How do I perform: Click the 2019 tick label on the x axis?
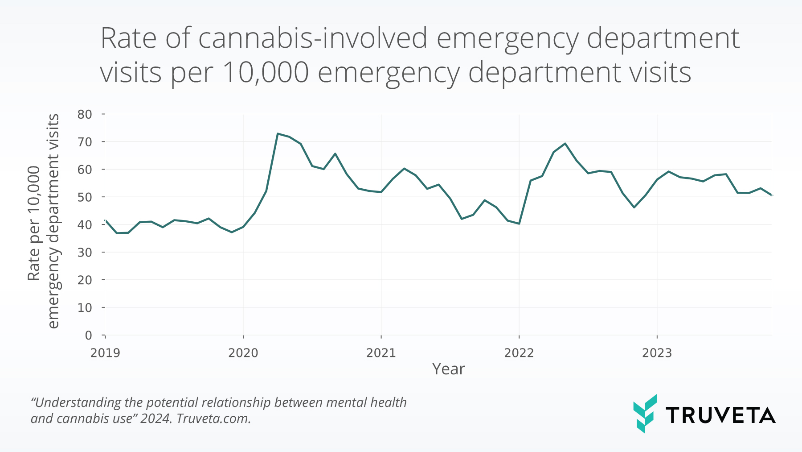click(105, 353)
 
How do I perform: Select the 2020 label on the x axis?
click(243, 353)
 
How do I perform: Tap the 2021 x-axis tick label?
click(381, 353)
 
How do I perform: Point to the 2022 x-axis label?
click(519, 353)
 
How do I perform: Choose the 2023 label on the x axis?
click(657, 353)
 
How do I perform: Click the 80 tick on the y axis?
click(85, 114)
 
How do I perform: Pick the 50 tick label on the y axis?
click(85, 197)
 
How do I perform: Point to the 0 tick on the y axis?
click(88, 335)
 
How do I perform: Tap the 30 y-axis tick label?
click(85, 253)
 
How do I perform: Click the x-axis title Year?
click(448, 369)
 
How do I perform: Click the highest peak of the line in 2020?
click(278, 133)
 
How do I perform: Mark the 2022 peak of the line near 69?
click(565, 143)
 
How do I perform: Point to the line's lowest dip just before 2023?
click(634, 207)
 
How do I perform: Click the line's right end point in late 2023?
click(772, 195)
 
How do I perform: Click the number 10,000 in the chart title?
click(265, 72)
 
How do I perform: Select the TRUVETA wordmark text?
click(720, 415)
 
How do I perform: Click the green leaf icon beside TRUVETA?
click(644, 414)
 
